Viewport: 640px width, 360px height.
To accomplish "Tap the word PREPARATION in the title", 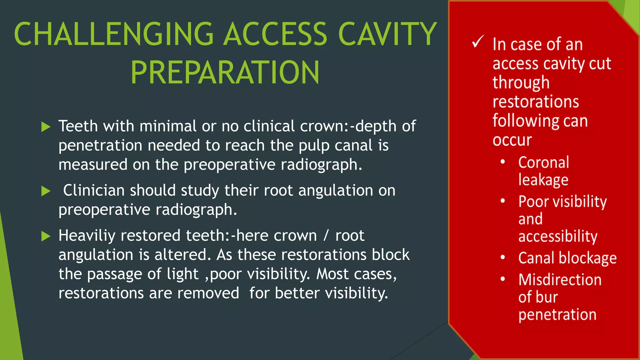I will pos(225,72).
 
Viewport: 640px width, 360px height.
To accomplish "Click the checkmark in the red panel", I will pos(477,42).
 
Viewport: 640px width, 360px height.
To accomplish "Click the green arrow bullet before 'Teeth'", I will pos(46,127).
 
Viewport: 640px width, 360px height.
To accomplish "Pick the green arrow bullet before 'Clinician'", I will pos(46,191).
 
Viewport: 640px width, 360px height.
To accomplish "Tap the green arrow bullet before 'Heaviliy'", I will pos(46,236).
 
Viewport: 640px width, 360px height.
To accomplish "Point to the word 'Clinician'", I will pos(94,190).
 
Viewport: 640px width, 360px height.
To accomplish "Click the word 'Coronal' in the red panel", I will pos(543,162).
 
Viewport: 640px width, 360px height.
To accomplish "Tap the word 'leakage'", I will pos(543,180).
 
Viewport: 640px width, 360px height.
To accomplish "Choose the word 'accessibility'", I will pos(558,236).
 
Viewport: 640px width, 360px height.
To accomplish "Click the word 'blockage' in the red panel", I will pos(587,258).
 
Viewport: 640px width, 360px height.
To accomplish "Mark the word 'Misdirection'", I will pos(560,280).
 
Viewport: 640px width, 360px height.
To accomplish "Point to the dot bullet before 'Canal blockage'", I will pos(503,257).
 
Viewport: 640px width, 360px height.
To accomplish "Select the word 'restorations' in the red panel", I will pos(536,102).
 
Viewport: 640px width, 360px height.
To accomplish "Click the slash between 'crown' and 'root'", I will pos(326,235).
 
